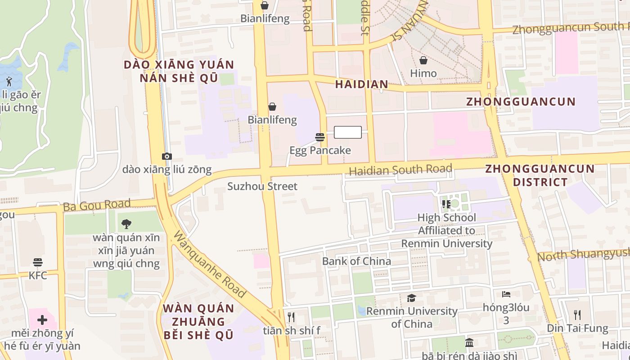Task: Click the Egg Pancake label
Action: point(320,150)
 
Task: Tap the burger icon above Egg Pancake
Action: point(320,137)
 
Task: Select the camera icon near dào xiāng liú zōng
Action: point(167,156)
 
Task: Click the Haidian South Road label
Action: point(400,170)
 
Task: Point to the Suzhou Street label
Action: point(262,186)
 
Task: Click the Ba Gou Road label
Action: point(97,206)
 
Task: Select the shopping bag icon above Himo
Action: point(423,60)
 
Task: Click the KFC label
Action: point(38,275)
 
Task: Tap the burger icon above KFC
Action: point(38,262)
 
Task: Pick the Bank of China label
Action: point(356,261)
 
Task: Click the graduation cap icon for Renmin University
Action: point(411,298)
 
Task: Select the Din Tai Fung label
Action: point(577,328)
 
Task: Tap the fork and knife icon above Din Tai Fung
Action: point(577,315)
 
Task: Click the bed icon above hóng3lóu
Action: point(506,294)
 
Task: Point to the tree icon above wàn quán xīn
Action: point(126,224)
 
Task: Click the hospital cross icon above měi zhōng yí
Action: point(42,320)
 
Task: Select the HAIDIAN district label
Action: point(361,84)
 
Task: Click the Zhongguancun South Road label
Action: point(571,28)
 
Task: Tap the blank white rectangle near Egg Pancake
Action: point(348,132)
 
